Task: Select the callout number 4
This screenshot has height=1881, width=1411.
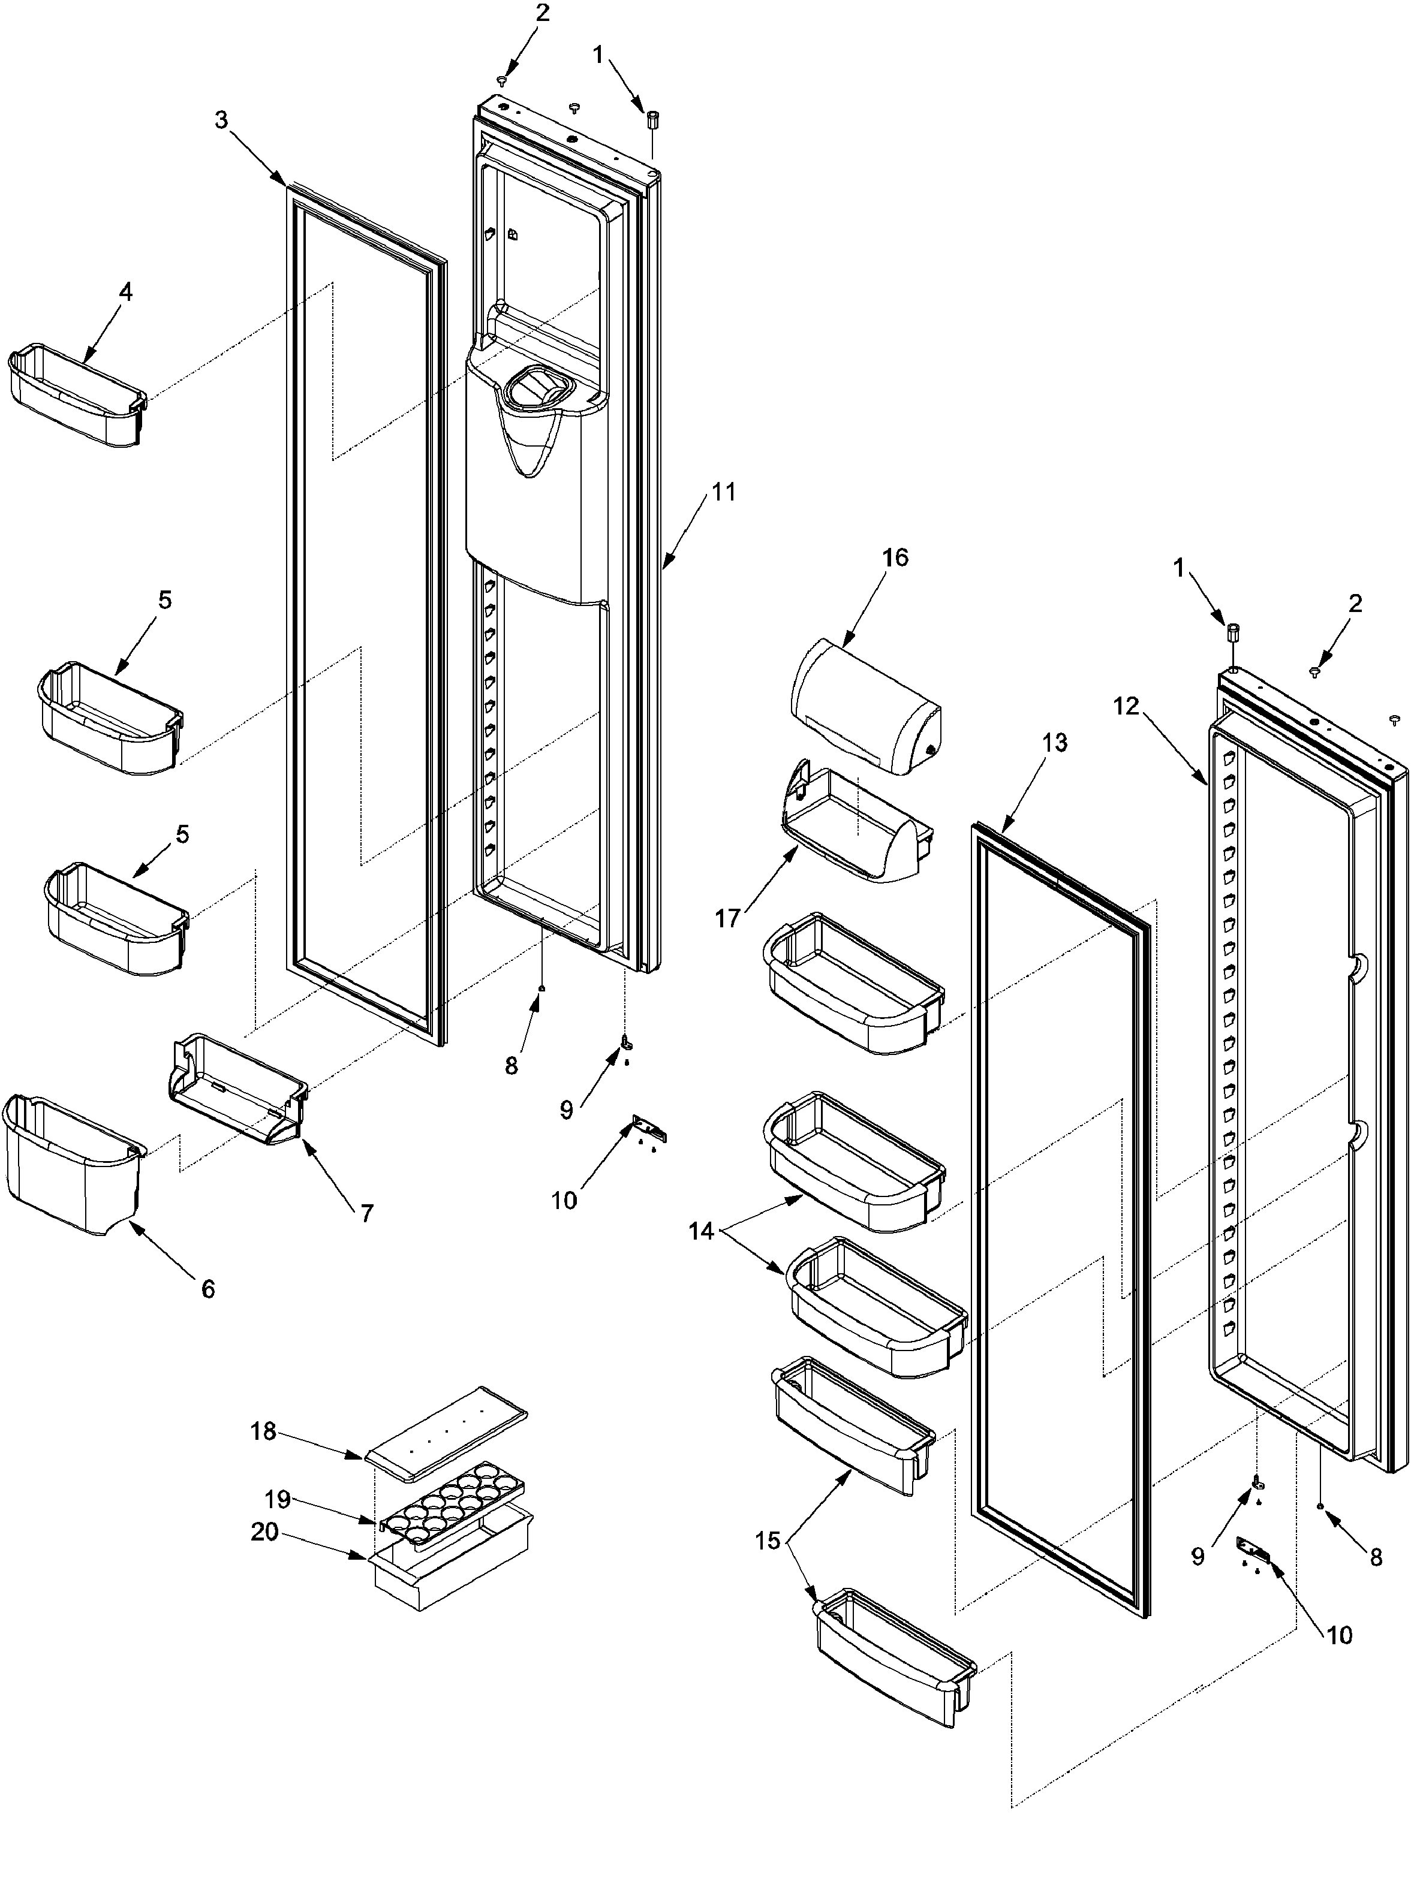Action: [125, 292]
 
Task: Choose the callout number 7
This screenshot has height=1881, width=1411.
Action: [366, 1213]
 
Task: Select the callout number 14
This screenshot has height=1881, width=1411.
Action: [701, 1231]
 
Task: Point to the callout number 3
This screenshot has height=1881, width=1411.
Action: [221, 120]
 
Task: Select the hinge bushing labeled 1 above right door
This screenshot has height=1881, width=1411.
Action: [1232, 634]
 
